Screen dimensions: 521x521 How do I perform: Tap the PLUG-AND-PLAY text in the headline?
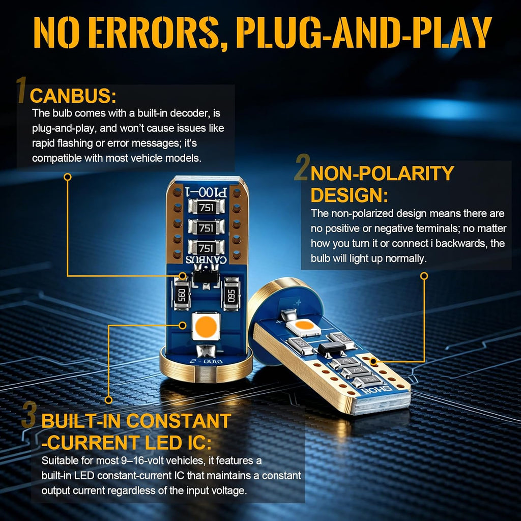pyautogui.click(x=363, y=33)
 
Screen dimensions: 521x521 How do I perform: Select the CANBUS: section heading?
pyautogui.click(x=73, y=96)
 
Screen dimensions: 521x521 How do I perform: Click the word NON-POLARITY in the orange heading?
pyautogui.click(x=382, y=173)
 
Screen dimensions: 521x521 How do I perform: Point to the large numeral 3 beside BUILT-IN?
pyautogui.click(x=29, y=415)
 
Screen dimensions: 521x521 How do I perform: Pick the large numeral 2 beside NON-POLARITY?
pyautogui.click(x=302, y=167)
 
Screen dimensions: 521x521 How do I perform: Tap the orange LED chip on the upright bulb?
pyautogui.click(x=206, y=326)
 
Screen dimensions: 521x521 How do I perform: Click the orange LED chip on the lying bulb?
pyautogui.click(x=304, y=326)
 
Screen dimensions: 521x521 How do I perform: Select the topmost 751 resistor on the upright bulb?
pyautogui.click(x=207, y=208)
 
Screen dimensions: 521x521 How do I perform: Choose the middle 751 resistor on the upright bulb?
pyautogui.click(x=207, y=227)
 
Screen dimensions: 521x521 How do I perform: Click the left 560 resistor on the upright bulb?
pyautogui.click(x=182, y=294)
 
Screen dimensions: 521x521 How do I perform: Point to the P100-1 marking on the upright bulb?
pyautogui.click(x=206, y=191)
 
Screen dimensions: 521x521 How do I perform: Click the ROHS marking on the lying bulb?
pyautogui.click(x=377, y=390)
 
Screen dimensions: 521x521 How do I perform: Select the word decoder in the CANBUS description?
pyautogui.click(x=189, y=113)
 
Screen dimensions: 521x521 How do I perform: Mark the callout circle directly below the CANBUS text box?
pyautogui.click(x=68, y=177)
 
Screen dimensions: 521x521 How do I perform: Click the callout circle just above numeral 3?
pyautogui.click(x=108, y=400)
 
